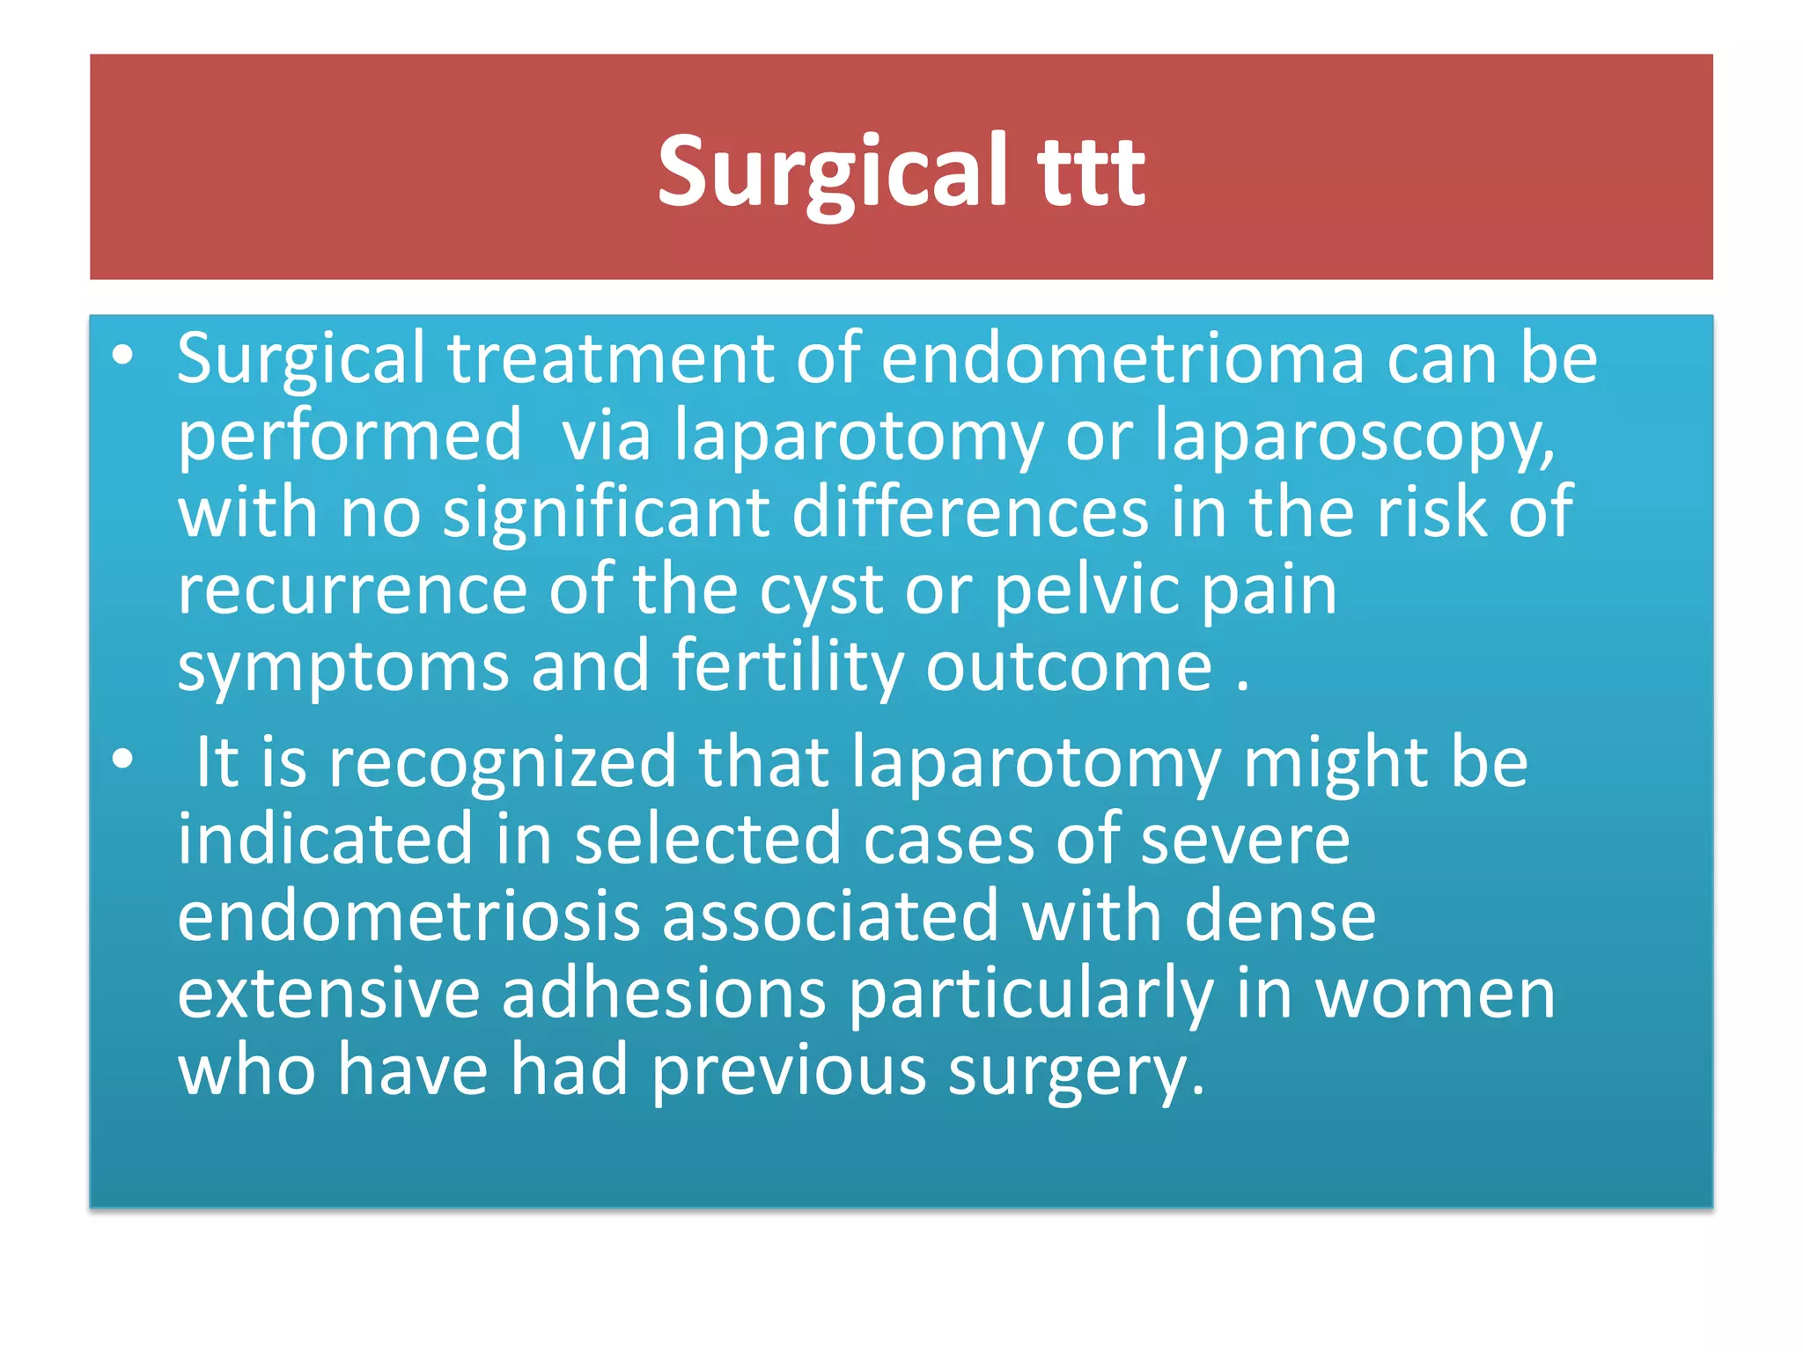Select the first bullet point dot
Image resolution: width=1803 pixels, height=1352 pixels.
[123, 355]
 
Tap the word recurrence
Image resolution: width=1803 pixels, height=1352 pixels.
[352, 590]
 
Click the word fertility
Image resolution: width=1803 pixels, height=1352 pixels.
[788, 667]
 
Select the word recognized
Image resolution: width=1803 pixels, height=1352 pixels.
[502, 762]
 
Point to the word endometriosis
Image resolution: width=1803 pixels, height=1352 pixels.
[408, 916]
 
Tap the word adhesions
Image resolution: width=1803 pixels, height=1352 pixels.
[664, 994]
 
